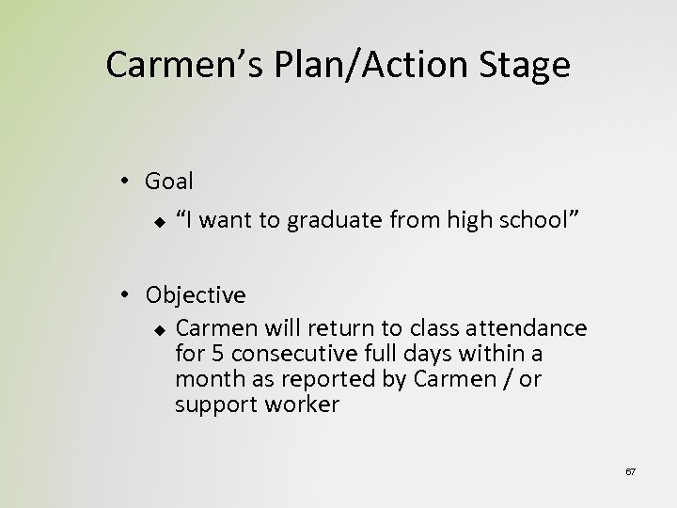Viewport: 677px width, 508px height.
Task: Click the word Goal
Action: coord(169,182)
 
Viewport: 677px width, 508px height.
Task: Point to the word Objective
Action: coord(196,294)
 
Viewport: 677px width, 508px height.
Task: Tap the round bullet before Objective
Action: coord(126,295)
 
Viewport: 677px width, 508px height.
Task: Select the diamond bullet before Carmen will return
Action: coord(160,328)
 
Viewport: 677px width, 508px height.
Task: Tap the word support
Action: coord(210,406)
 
